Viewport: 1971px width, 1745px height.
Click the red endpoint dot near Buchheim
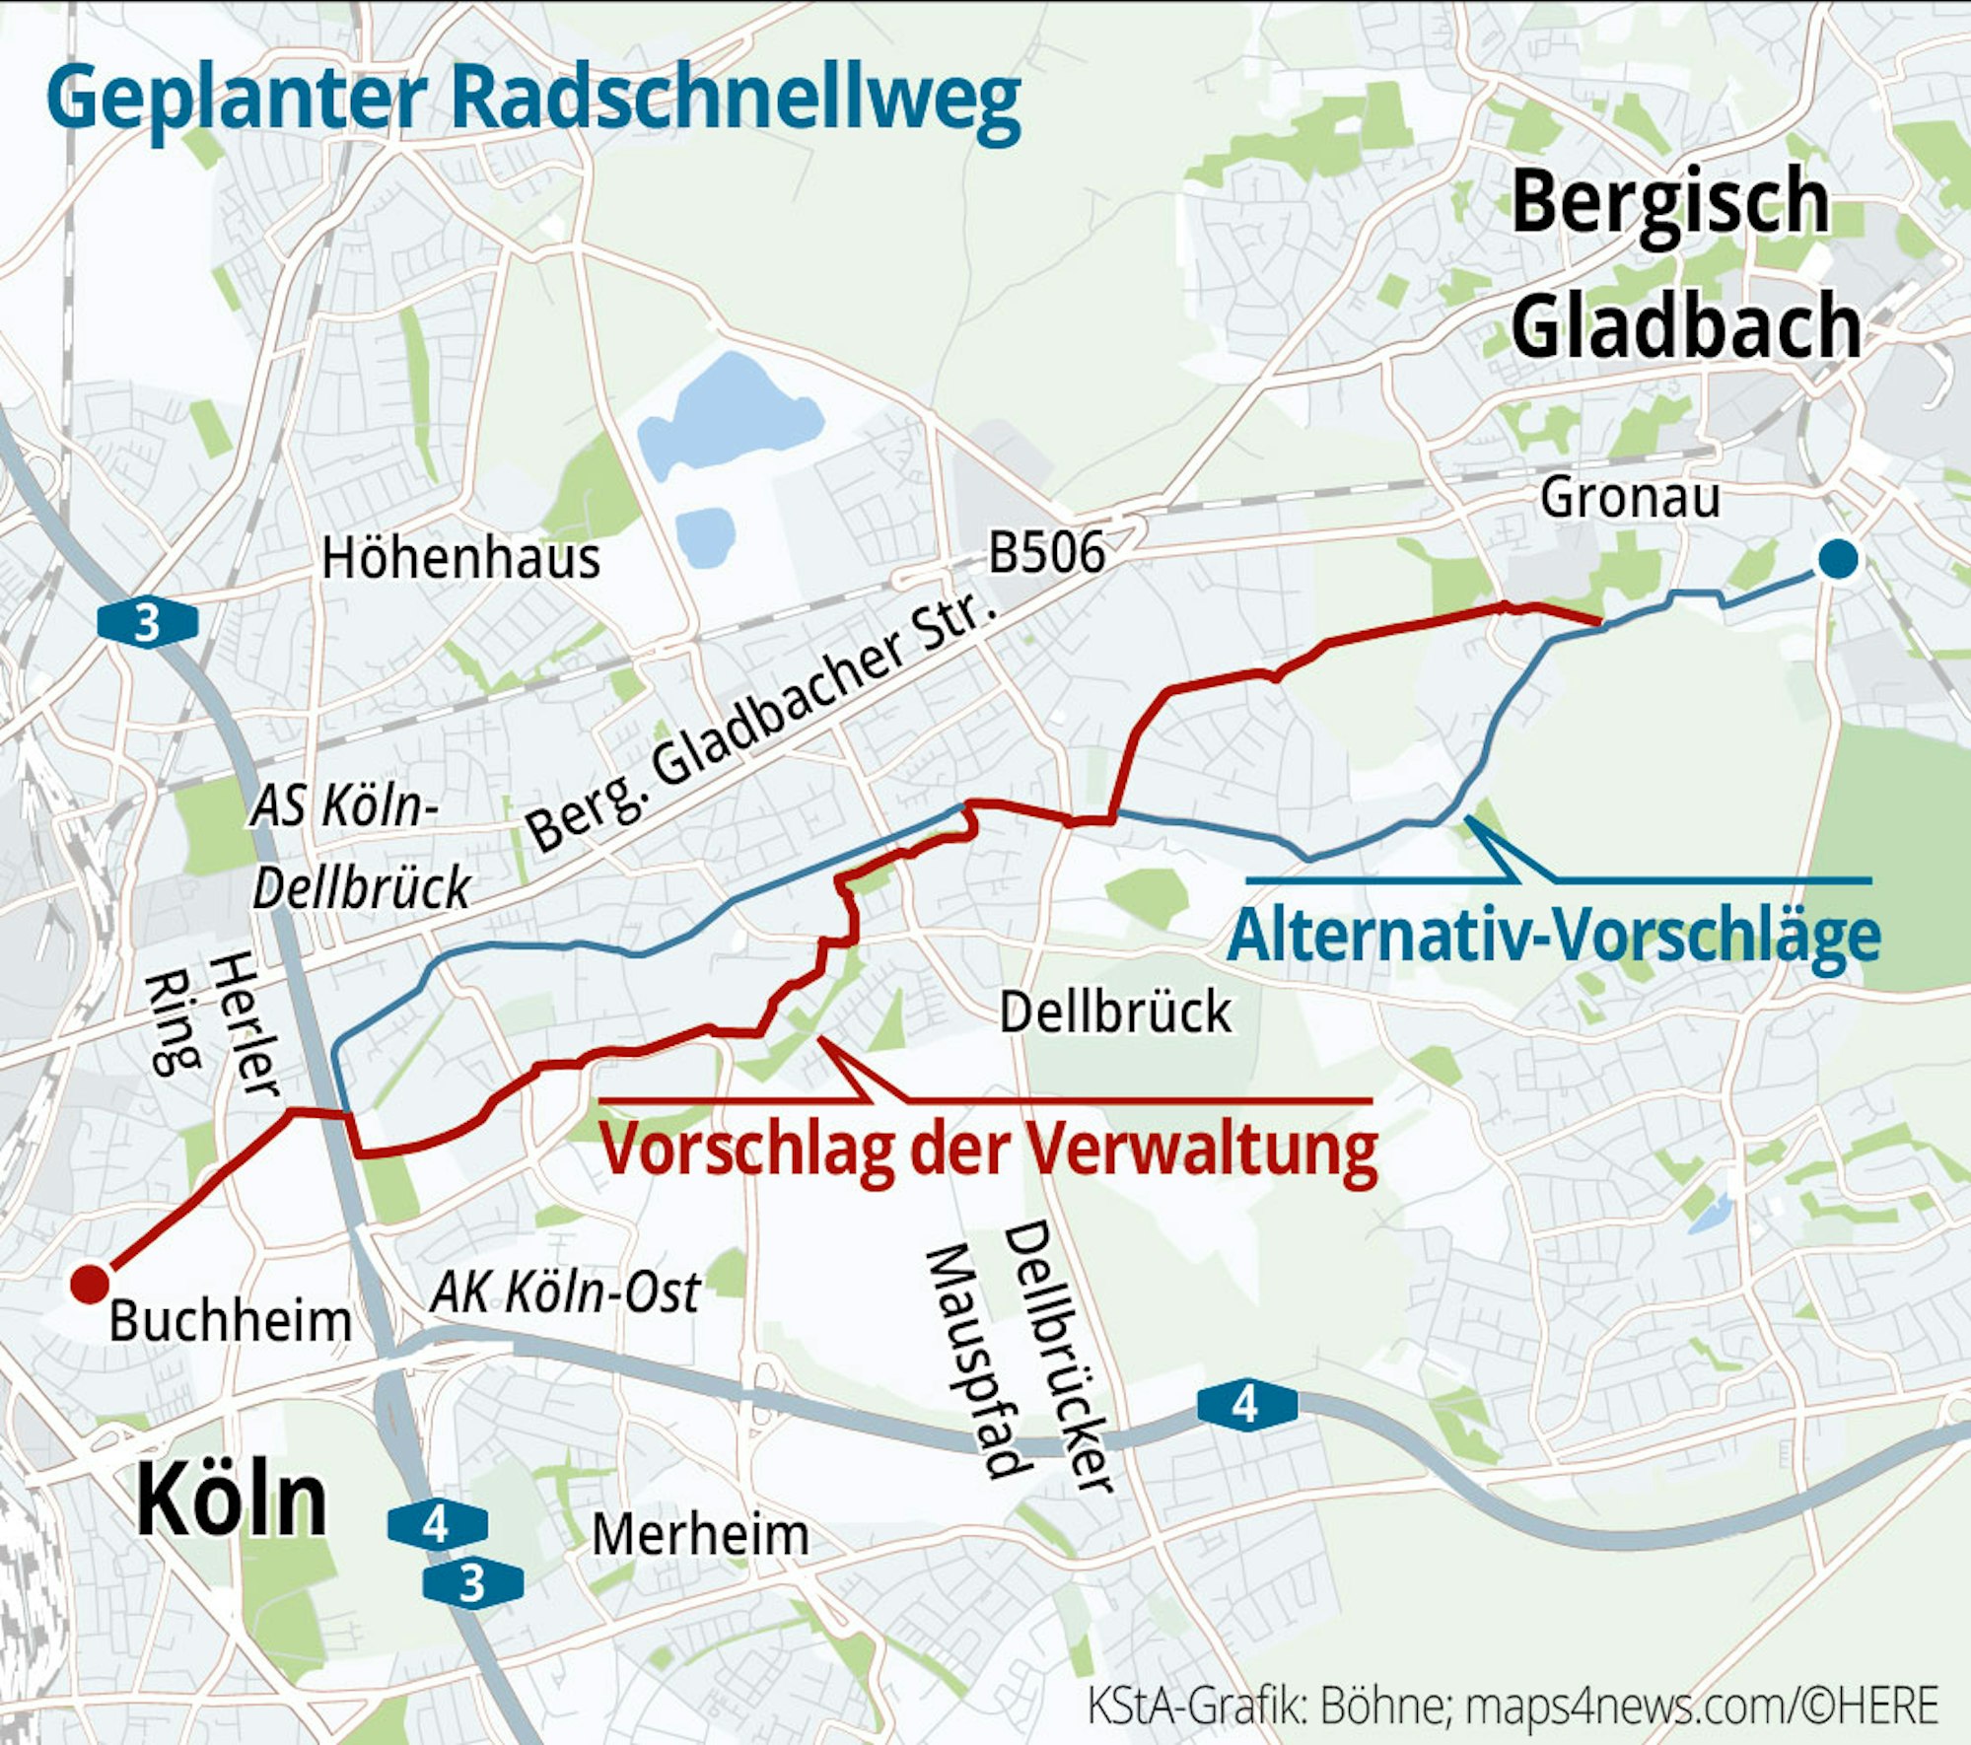89,1284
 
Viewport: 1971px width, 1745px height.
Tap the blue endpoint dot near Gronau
1838,559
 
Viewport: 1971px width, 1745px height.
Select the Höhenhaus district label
460,559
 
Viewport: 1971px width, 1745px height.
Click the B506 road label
1046,552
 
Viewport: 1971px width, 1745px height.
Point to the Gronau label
1630,498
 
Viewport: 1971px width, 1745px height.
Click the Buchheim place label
230,1321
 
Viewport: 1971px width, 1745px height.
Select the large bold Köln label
231,1501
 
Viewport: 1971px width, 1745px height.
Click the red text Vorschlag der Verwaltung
989,1150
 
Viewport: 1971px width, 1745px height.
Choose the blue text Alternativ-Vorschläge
1554,935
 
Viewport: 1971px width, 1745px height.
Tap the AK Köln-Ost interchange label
565,1292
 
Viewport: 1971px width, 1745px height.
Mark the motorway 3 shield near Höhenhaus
147,623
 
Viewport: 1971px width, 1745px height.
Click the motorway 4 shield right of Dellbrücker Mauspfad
1246,1405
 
